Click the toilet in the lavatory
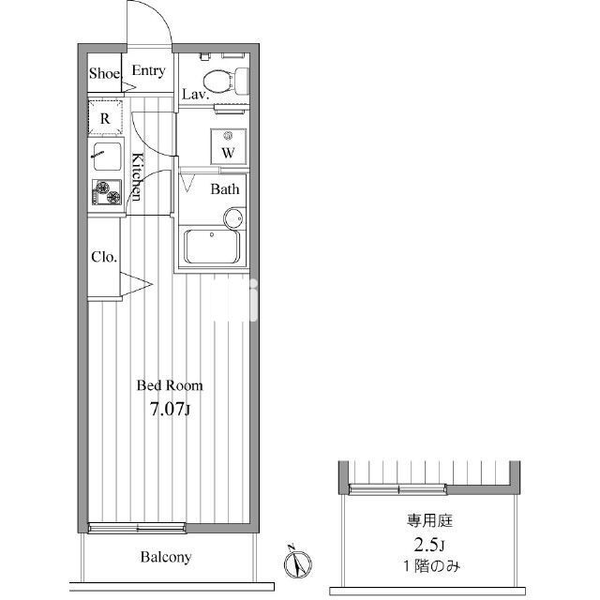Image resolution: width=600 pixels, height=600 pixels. click(226, 81)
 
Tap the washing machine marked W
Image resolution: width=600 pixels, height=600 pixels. click(228, 146)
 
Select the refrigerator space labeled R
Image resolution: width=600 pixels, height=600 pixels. click(105, 117)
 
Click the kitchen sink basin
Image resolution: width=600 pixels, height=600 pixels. click(108, 157)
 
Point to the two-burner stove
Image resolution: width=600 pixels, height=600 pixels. click(107, 191)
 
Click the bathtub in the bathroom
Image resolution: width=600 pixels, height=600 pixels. click(212, 246)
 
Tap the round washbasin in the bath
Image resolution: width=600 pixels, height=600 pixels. click(233, 218)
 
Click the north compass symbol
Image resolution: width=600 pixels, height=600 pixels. click(297, 562)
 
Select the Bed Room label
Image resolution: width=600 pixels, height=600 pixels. click(170, 385)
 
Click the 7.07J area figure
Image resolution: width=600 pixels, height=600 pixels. click(170, 410)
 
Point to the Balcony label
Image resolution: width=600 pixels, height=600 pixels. click(166, 557)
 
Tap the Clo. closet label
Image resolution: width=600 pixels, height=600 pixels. click(104, 257)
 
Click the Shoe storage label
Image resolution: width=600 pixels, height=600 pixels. click(104, 73)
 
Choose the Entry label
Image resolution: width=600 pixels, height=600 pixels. click(148, 71)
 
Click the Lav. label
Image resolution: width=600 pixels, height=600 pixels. click(196, 94)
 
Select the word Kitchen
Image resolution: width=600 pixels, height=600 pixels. click(137, 176)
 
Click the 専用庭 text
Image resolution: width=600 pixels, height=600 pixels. click(429, 520)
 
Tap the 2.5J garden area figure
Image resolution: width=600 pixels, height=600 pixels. click(429, 545)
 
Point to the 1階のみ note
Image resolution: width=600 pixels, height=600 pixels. click(431, 566)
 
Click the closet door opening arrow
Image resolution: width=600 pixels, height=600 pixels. click(137, 284)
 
